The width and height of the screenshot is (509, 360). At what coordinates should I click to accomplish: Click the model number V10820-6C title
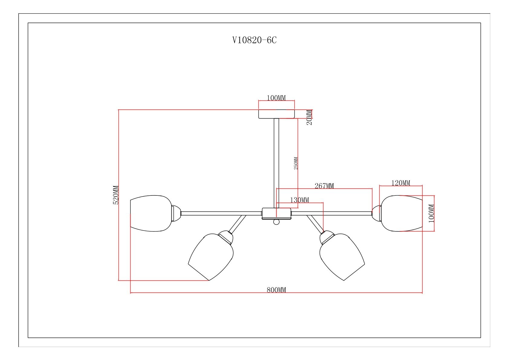click(x=254, y=40)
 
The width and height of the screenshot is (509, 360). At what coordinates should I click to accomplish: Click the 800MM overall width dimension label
click(x=276, y=290)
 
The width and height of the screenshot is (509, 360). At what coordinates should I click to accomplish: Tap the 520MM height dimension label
click(x=116, y=195)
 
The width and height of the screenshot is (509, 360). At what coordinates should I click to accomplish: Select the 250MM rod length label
click(x=296, y=163)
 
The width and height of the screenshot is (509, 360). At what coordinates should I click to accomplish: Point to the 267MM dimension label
click(x=324, y=186)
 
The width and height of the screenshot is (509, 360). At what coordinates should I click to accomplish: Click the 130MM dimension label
click(x=300, y=200)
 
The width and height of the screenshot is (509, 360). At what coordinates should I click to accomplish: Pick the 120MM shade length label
click(x=400, y=183)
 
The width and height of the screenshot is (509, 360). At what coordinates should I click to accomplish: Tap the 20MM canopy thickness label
click(x=309, y=118)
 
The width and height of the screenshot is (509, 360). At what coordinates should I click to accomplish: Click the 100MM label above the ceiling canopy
click(x=276, y=98)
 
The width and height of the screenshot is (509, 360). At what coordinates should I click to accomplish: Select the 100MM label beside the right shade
click(x=431, y=213)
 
